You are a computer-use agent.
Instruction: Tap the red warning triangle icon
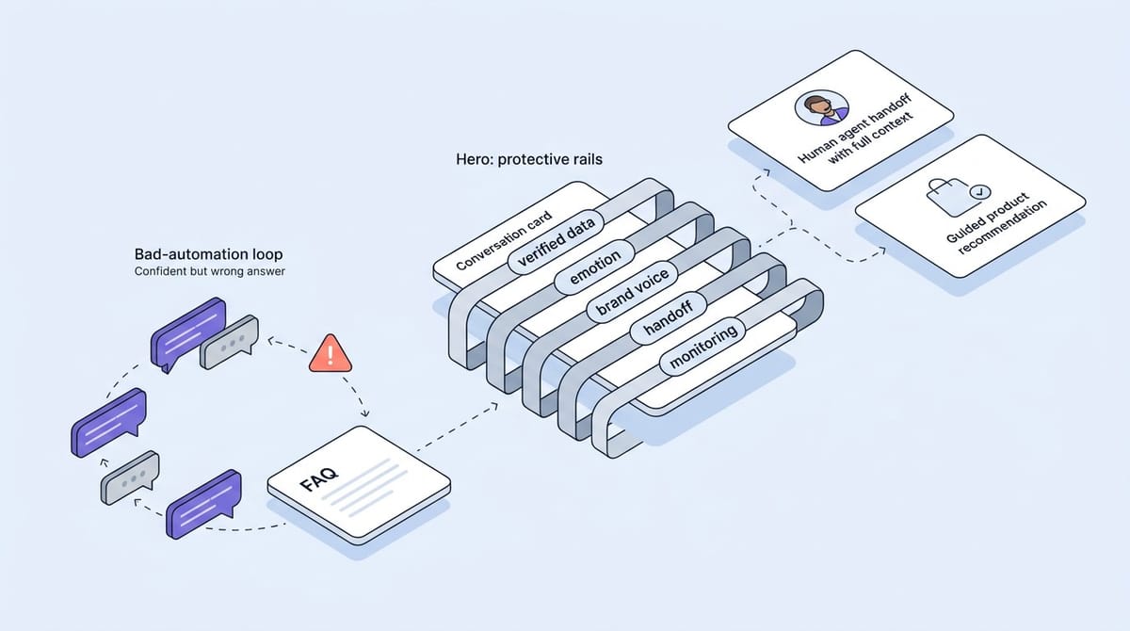(330, 353)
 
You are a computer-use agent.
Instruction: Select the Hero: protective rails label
(528, 159)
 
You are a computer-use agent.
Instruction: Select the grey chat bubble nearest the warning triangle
(229, 340)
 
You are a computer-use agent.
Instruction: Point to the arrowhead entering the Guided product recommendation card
(882, 250)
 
